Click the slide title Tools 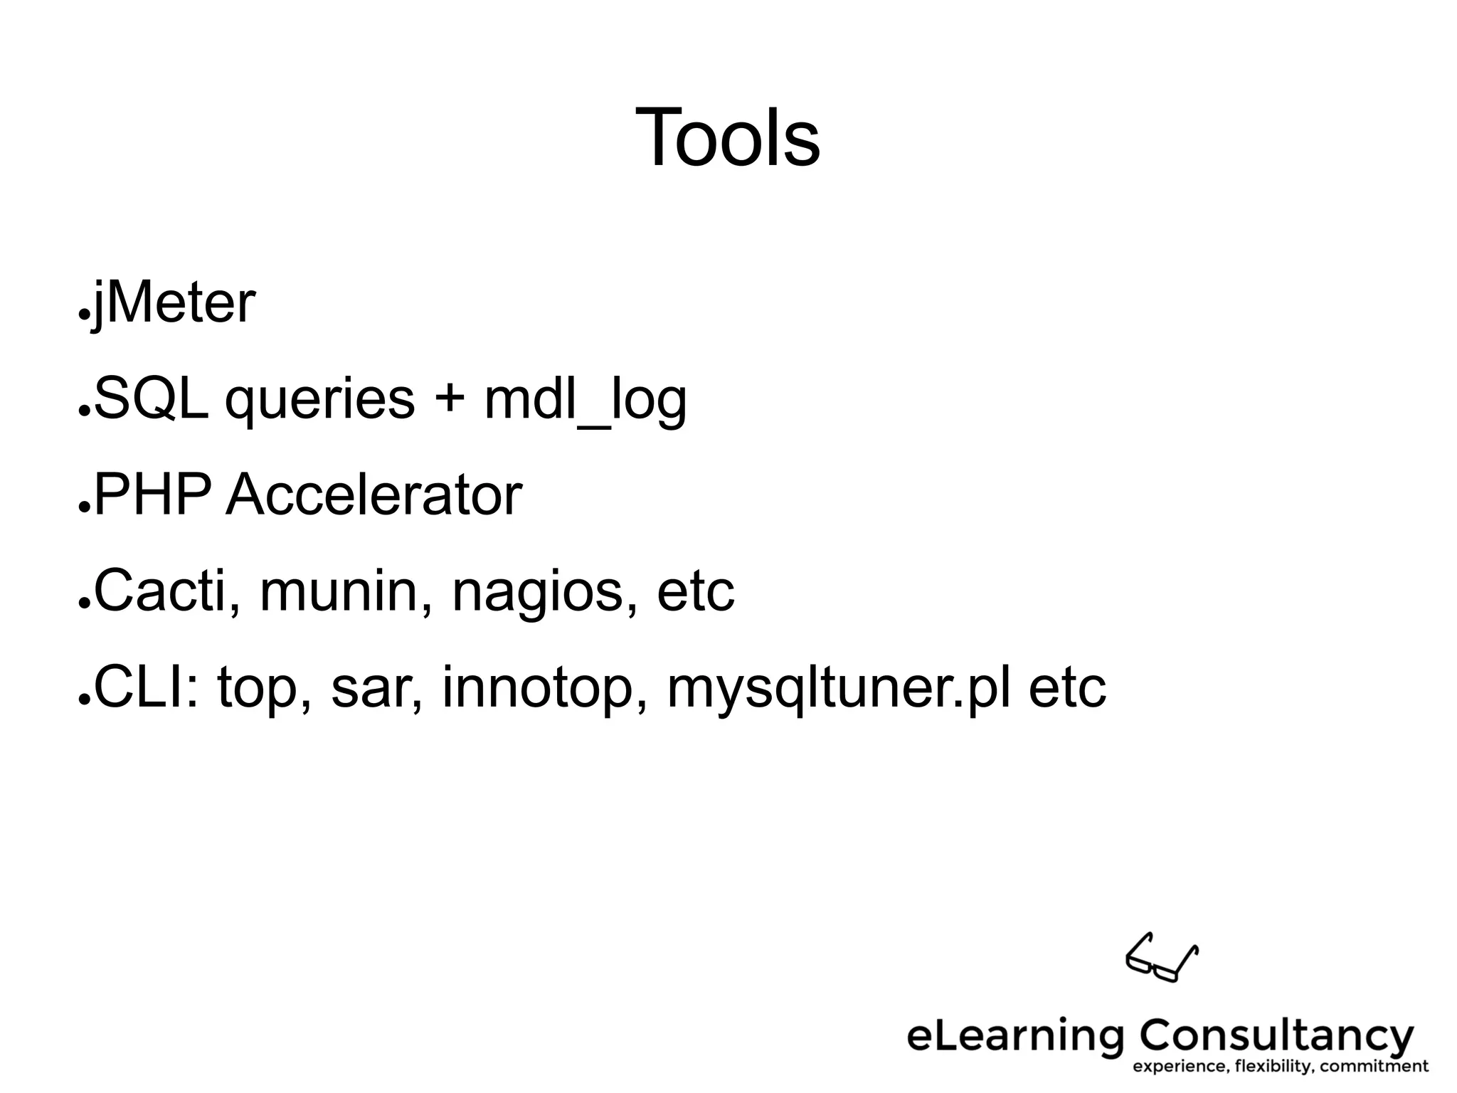tap(727, 137)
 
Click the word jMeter tap(174, 304)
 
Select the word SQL tap(151, 399)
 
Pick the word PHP tap(152, 495)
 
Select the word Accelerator tap(374, 495)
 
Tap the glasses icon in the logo tap(1161, 958)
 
